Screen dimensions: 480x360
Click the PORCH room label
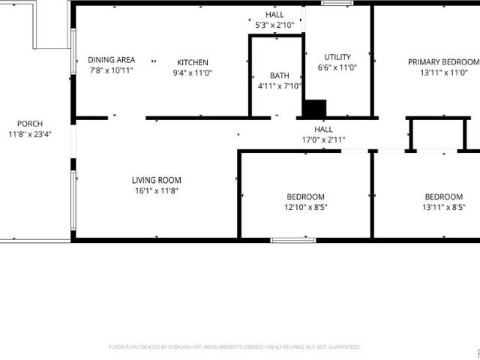coord(30,124)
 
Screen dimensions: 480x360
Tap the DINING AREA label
coord(112,60)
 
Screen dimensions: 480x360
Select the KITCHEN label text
coord(193,62)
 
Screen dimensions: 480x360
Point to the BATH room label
coord(280,76)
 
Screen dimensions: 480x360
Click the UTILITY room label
coord(337,57)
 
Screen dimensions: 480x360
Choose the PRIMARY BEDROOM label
coord(443,62)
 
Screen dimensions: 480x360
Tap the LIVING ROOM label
coord(157,180)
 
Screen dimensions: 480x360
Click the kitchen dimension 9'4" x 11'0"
coord(193,73)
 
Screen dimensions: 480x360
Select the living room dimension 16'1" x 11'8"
coord(157,190)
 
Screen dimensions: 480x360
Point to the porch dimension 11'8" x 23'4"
coord(30,134)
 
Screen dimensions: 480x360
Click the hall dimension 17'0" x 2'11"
coord(323,140)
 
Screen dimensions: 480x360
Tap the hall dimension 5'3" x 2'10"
coord(274,25)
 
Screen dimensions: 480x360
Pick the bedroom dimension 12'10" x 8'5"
coord(306,207)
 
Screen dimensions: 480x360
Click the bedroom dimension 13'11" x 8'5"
coord(444,207)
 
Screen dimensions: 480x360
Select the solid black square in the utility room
coord(314,109)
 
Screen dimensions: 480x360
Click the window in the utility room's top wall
coord(337,3)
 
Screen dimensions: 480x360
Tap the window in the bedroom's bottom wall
coord(293,240)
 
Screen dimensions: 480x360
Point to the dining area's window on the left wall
coord(73,52)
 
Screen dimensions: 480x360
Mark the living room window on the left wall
coord(73,200)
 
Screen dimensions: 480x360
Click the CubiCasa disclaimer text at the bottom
coord(235,346)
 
